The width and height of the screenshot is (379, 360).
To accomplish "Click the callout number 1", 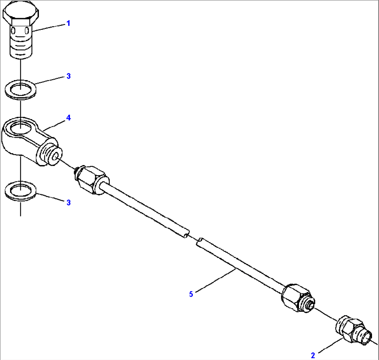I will click(68, 23).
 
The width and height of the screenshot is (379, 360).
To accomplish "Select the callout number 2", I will click(313, 355).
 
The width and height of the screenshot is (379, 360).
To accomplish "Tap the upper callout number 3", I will click(68, 76).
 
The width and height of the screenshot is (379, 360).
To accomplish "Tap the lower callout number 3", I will click(68, 202).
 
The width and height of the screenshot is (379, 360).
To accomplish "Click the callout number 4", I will click(68, 118).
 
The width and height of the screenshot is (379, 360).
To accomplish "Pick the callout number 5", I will click(191, 294).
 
